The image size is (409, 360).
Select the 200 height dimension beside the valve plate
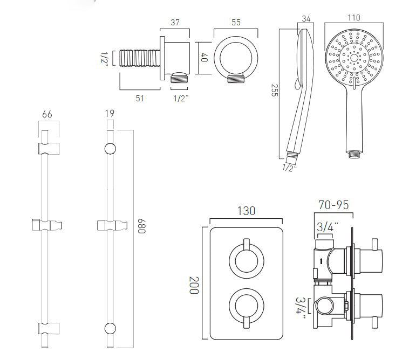click(193, 284)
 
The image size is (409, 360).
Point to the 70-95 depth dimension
click(333, 205)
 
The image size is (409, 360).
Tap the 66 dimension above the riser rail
click(46, 114)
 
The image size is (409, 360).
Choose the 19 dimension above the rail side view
click(110, 114)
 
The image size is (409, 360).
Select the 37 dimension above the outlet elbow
click(175, 23)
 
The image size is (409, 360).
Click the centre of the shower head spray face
click(353, 57)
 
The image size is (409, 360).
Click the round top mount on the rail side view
click(110, 149)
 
